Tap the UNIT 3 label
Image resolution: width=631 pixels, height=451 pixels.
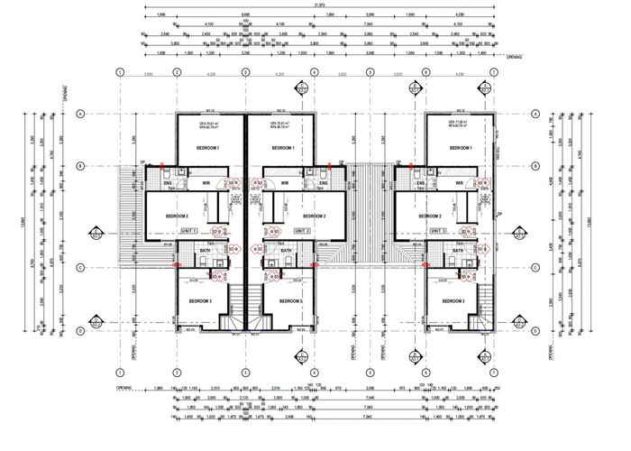pos(441,231)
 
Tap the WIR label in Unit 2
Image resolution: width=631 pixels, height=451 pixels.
pos(285,183)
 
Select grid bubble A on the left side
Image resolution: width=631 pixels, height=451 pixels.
pos(80,114)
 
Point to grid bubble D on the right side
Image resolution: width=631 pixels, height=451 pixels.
pos(535,331)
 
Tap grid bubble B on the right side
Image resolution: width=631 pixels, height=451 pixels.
pos(535,166)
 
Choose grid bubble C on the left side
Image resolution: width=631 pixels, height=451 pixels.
pos(80,268)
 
